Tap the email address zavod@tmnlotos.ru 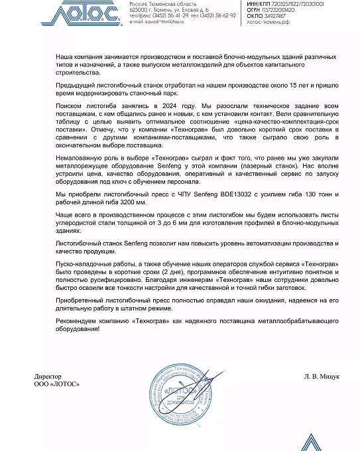[x=166, y=21]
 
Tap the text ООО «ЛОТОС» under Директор [x=56, y=384]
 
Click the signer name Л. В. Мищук [x=322, y=376]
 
